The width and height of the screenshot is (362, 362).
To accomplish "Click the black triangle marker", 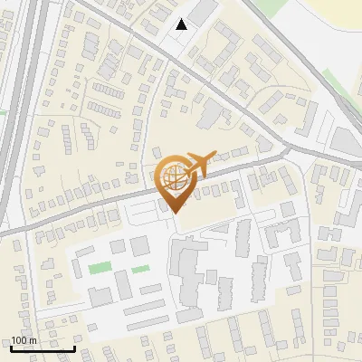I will pyautogui.click(x=182, y=24).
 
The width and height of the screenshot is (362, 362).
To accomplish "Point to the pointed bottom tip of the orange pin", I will pyautogui.click(x=173, y=212).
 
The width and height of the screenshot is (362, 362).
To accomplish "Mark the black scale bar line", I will pyautogui.click(x=43, y=348).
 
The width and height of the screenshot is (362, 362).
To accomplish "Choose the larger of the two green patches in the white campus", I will pyautogui.click(x=100, y=268).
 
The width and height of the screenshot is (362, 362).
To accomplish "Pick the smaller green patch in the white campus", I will pyautogui.click(x=140, y=269).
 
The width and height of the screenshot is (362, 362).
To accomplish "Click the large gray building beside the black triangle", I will pyautogui.click(x=203, y=12).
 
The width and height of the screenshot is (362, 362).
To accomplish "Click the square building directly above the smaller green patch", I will pyautogui.click(x=140, y=245).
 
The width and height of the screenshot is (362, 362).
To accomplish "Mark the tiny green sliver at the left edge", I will pyautogui.click(x=3, y=112).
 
